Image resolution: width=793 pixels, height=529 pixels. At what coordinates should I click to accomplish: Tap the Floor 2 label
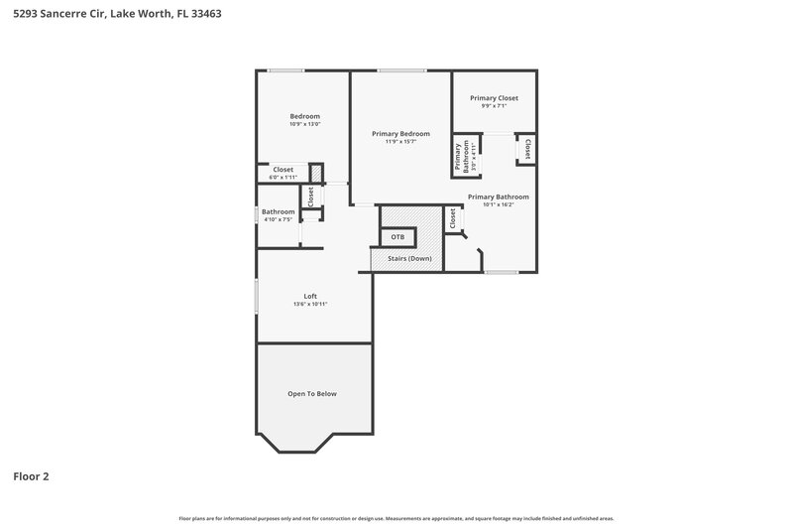(31, 476)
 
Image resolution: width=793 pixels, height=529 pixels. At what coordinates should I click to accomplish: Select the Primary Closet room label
(494, 98)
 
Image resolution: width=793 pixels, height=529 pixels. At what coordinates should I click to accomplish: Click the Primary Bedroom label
(400, 134)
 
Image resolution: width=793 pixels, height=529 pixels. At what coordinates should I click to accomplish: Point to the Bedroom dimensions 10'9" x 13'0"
(304, 124)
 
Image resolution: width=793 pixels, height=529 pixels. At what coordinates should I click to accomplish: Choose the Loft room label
(310, 297)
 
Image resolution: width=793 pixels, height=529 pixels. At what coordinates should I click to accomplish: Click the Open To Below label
(312, 394)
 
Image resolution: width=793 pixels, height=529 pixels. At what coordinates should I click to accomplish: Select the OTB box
(397, 237)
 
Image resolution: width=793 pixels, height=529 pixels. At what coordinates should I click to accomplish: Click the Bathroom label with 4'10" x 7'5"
(278, 211)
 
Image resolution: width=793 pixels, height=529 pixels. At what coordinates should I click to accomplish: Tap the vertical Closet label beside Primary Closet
(527, 148)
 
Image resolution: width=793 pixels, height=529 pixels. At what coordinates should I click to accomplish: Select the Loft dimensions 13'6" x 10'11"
(310, 305)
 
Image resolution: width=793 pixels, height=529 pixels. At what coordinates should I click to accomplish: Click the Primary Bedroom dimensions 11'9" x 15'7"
(400, 142)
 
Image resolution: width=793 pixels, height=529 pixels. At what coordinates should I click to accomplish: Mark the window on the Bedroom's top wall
(285, 70)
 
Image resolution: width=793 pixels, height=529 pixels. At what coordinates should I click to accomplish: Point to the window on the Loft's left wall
(257, 297)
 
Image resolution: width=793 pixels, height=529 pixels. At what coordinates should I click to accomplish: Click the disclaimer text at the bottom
(396, 518)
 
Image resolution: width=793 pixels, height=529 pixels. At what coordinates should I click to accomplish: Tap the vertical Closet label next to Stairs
(452, 218)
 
